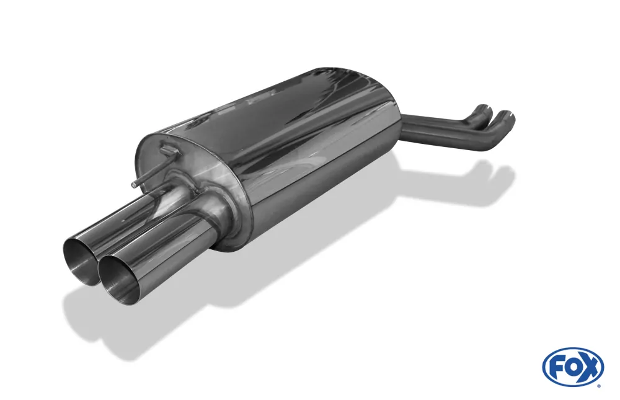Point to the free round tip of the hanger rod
point(135,184)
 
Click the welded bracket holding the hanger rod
point(168,149)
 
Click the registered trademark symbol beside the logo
point(601,385)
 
